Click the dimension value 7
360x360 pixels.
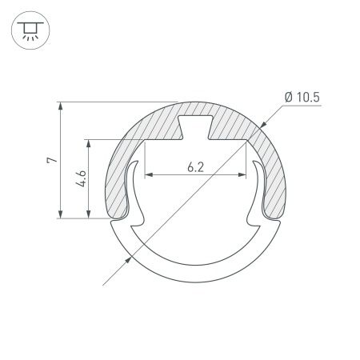[51, 161]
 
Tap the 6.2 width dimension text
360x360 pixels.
[194, 167]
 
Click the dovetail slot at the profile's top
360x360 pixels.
[194, 125]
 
